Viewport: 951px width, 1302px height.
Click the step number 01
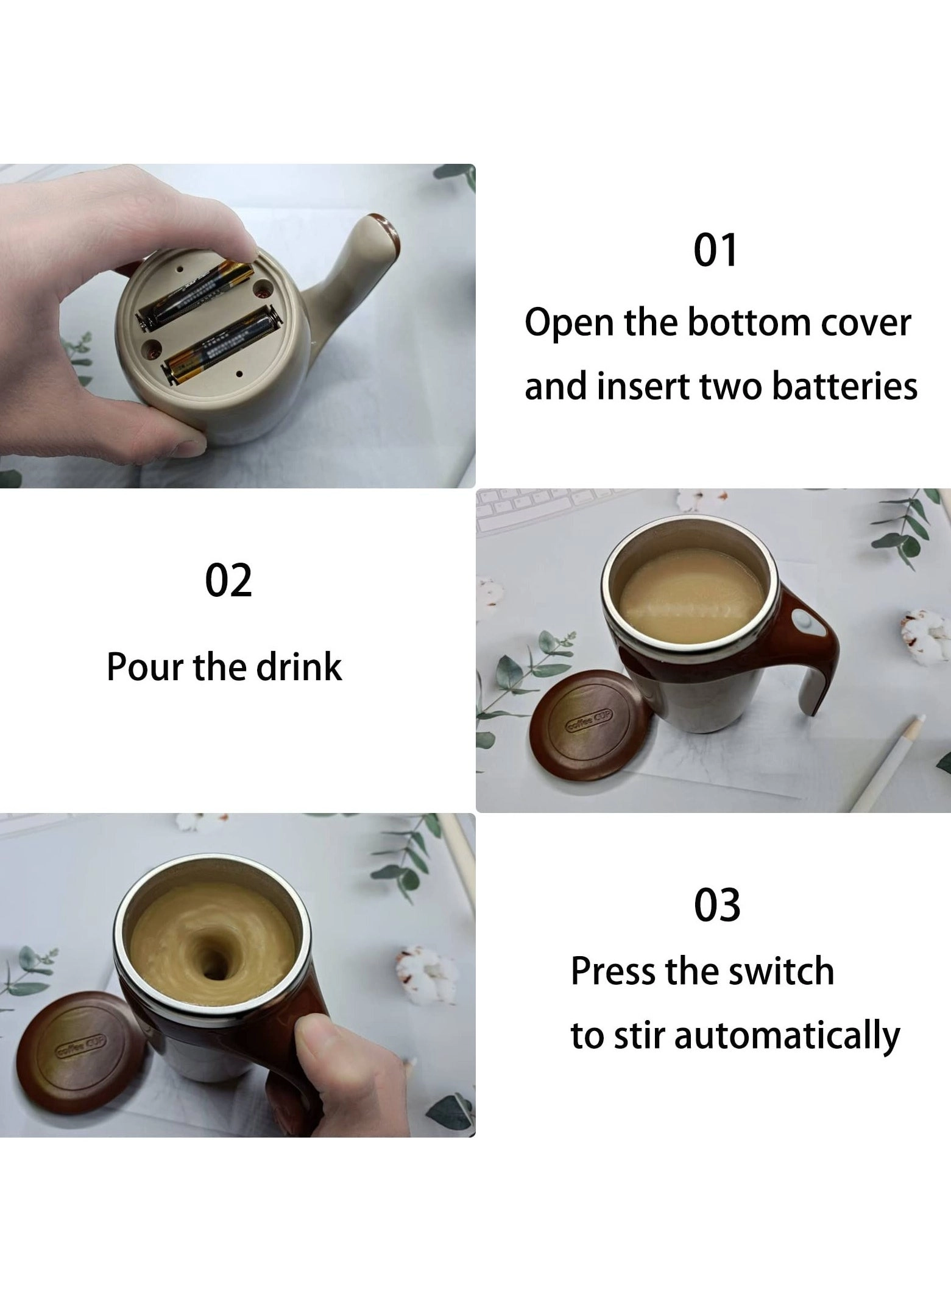click(716, 250)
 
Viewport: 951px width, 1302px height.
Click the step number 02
click(228, 581)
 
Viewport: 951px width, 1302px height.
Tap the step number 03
click(717, 906)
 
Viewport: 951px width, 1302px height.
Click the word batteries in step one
click(845, 387)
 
